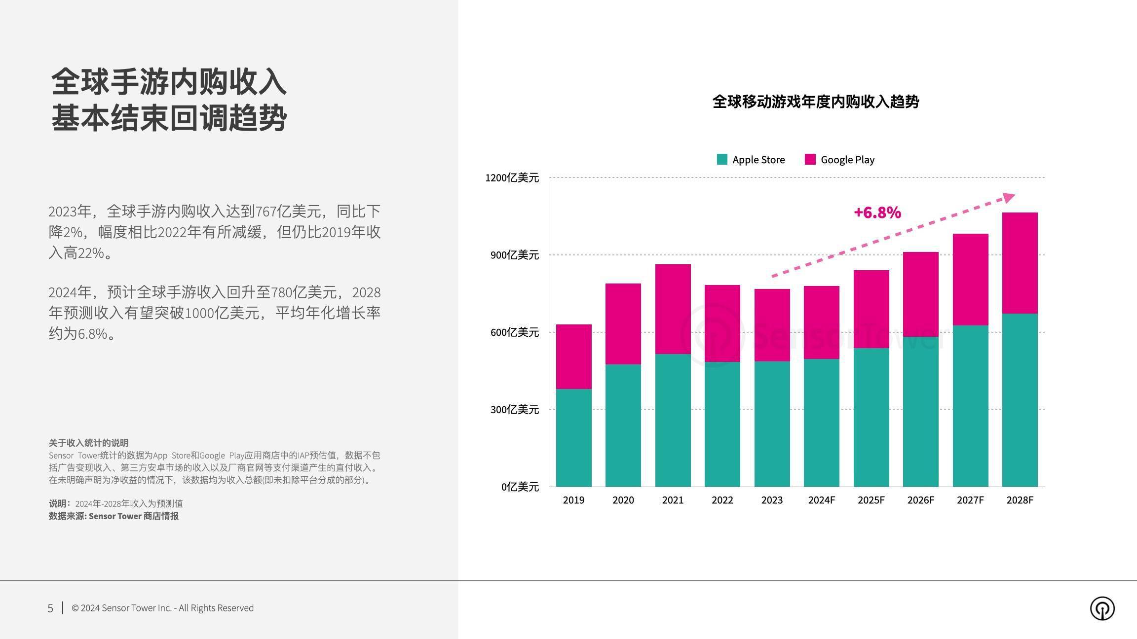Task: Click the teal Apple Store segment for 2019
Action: [573, 437]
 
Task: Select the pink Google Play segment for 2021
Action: [673, 309]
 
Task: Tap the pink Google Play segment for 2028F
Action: [1020, 263]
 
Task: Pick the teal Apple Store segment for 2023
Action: [772, 424]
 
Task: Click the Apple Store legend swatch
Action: [722, 159]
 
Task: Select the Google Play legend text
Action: [847, 160]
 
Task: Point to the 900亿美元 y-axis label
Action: [514, 255]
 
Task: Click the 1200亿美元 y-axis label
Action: [512, 177]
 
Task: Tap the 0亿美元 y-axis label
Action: [520, 487]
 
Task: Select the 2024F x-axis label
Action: [821, 500]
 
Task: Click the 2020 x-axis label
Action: [623, 500]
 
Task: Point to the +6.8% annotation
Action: [877, 213]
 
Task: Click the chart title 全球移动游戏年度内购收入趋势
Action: [815, 102]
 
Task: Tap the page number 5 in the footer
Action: [50, 608]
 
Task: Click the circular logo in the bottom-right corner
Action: [1102, 608]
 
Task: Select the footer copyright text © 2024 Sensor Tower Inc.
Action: [162, 608]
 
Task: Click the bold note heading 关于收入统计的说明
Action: [88, 443]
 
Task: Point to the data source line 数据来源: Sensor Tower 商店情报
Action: [114, 516]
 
